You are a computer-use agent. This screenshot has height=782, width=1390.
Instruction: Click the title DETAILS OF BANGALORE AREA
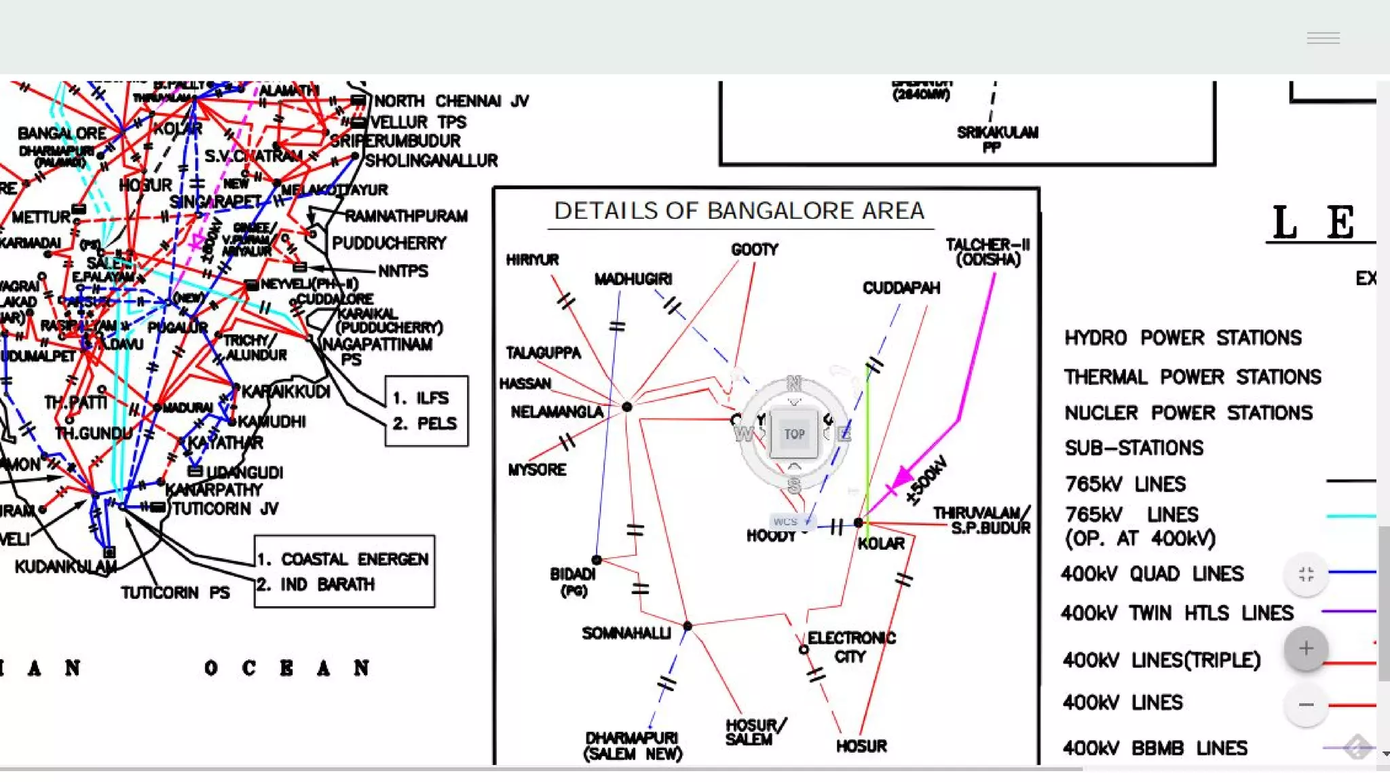coord(739,211)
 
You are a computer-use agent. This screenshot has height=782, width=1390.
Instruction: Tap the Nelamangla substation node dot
coord(627,407)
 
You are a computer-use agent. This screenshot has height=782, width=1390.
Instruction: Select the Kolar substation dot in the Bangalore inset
coord(859,523)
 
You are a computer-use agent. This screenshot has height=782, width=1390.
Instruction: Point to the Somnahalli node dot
coord(688,626)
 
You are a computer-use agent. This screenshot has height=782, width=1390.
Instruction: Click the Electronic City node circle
coord(804,650)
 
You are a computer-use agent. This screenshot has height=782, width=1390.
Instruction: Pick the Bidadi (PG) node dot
coord(597,560)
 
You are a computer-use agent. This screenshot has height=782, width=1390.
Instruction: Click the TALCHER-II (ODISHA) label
coord(988,252)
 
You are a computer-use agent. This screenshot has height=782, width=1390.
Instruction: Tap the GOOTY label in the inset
coord(754,250)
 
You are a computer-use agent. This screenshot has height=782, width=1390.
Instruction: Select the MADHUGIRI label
coord(633,279)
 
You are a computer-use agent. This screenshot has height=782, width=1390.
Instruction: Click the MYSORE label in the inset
coord(537,470)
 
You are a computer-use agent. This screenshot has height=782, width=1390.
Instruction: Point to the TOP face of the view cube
coord(794,434)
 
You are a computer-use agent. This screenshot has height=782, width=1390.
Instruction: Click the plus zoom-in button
coord(1305,649)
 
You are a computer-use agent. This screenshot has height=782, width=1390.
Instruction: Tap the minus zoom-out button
coord(1305,705)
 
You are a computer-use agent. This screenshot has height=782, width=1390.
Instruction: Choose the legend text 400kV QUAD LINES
coord(1152,574)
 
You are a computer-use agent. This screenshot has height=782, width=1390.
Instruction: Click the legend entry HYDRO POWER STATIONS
coord(1182,338)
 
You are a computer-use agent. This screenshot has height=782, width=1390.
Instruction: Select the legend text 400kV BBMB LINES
coord(1154,748)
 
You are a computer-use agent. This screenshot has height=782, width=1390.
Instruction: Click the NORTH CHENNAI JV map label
coord(451,101)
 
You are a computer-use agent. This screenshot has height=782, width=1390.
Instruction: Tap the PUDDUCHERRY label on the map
coord(389,243)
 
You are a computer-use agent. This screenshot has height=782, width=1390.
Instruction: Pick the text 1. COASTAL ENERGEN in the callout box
coord(343,559)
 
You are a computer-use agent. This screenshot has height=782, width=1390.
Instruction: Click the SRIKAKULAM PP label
coord(997,138)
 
